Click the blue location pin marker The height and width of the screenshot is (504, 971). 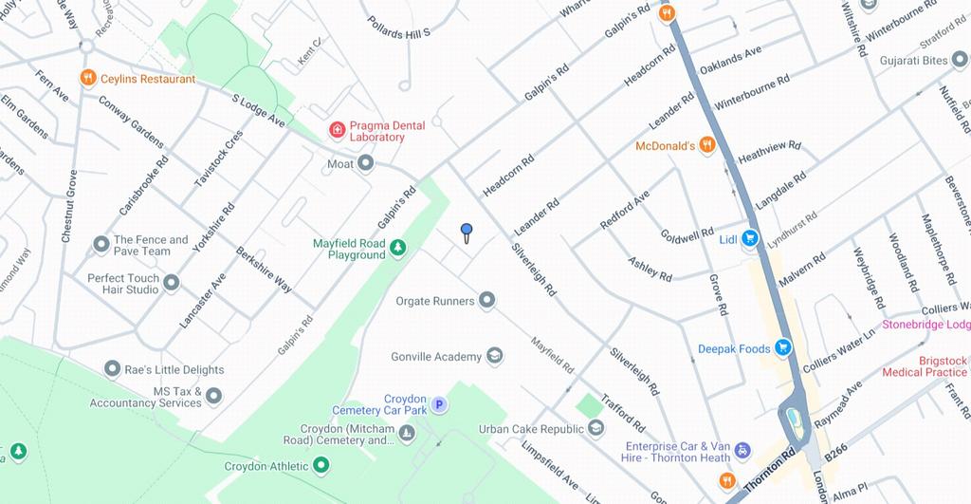click(x=466, y=231)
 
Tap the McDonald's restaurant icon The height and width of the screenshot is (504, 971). click(x=706, y=145)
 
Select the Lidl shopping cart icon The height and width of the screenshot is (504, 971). click(x=750, y=239)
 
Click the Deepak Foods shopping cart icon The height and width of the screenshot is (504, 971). click(x=782, y=348)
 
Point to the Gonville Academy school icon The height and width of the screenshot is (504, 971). click(x=494, y=357)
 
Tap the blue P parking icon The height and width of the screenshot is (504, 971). click(x=439, y=405)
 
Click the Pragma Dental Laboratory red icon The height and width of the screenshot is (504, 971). click(x=336, y=130)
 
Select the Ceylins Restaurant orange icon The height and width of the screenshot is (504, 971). click(x=88, y=79)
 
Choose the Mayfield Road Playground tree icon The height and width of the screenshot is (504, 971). click(x=398, y=249)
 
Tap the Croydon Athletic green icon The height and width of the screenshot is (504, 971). click(x=321, y=466)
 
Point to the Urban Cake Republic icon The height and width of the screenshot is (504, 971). click(x=595, y=428)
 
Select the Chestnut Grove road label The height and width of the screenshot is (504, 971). click(x=69, y=206)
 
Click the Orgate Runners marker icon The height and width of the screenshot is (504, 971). click(x=487, y=301)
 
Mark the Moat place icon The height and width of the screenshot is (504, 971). click(x=365, y=164)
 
